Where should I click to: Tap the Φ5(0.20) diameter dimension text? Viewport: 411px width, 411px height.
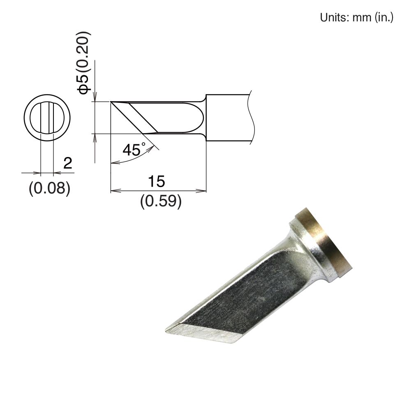84,62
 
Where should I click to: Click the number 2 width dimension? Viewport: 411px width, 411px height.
68,164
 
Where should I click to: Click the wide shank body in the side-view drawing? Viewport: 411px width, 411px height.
228,119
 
